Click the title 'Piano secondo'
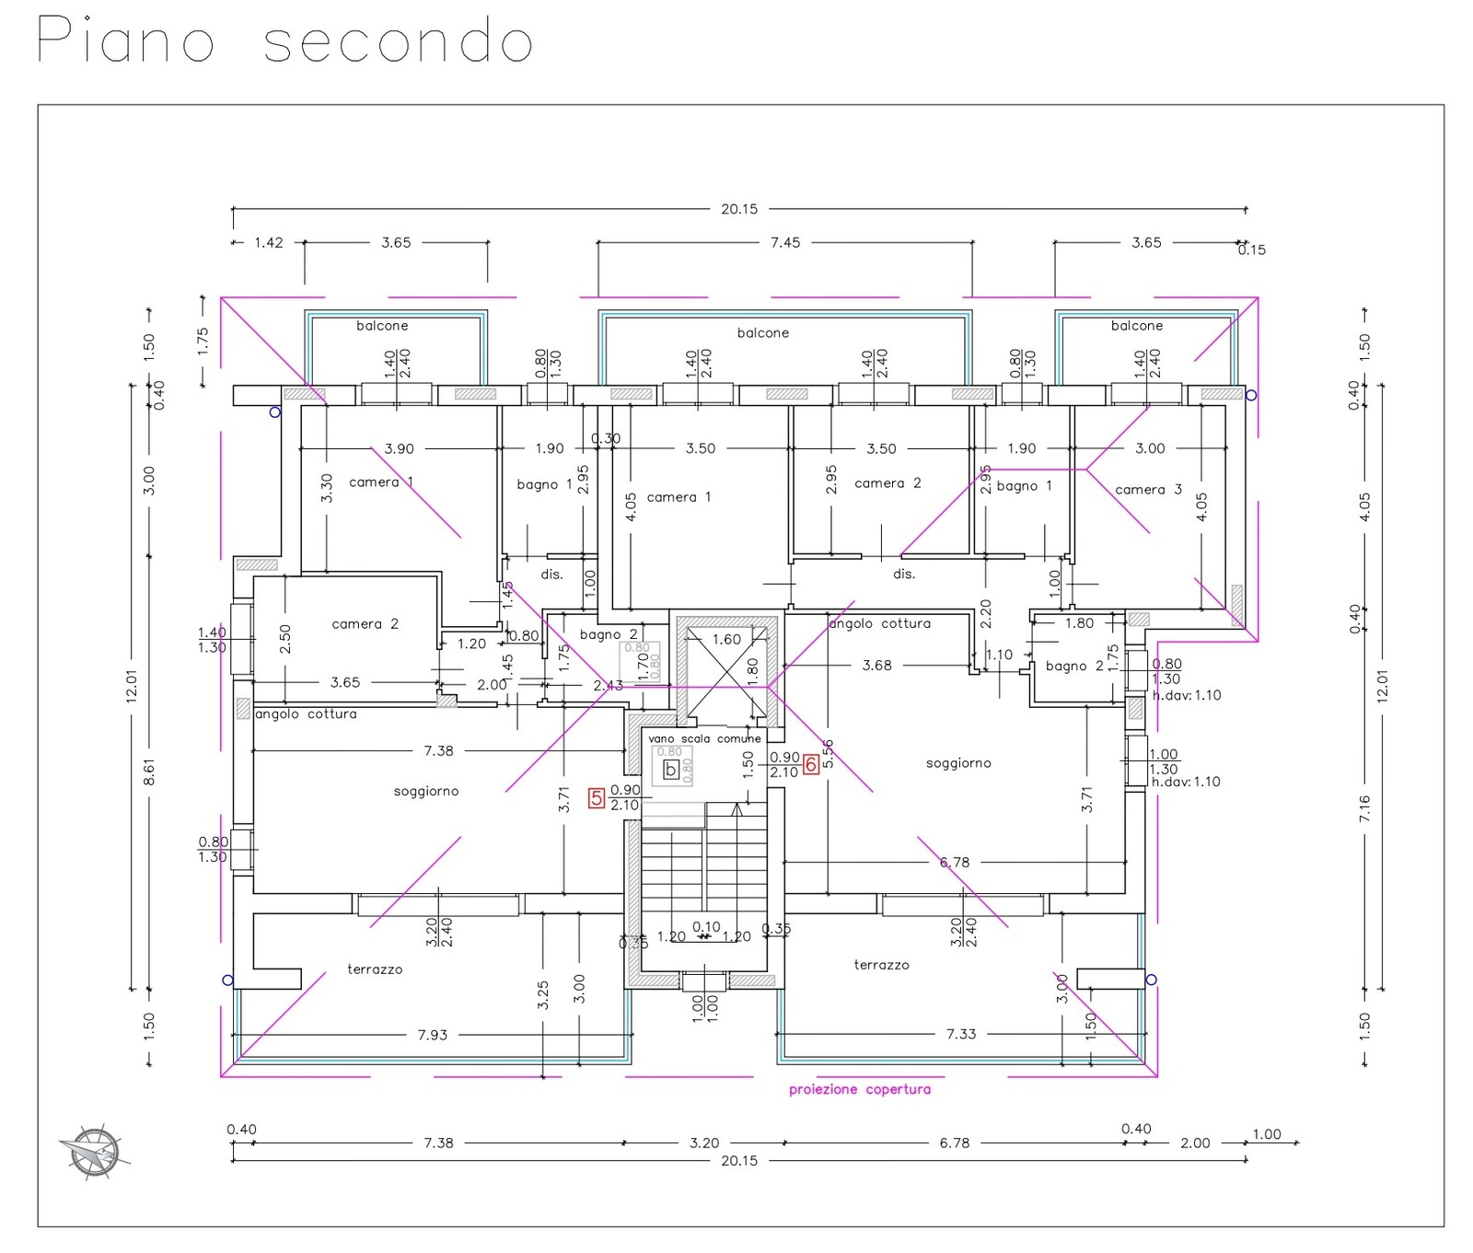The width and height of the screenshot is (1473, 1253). [284, 41]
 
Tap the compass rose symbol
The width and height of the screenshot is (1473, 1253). [94, 1151]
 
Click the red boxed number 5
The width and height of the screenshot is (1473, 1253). [597, 798]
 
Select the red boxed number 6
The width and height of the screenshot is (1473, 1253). [811, 764]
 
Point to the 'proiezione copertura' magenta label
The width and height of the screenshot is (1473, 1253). [859, 1089]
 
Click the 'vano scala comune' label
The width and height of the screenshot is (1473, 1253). [704, 738]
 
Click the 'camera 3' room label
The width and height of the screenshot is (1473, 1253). [1148, 490]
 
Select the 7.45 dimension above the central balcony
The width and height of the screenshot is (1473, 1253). [785, 242]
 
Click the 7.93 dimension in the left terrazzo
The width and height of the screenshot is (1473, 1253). [433, 1035]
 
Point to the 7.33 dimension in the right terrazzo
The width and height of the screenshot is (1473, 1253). [961, 1034]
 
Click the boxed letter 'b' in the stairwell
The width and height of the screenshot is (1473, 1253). [671, 770]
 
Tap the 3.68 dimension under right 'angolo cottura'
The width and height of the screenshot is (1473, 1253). [876, 665]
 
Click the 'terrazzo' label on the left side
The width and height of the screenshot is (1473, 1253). [375, 969]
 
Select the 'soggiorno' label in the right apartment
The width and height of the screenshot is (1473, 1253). [958, 763]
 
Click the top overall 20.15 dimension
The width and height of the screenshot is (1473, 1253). [739, 209]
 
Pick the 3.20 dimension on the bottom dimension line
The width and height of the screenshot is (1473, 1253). [704, 1143]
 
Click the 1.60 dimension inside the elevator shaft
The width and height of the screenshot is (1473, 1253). [726, 639]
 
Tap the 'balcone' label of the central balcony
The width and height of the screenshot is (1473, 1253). [763, 332]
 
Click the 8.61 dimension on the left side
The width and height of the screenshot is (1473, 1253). [149, 772]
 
